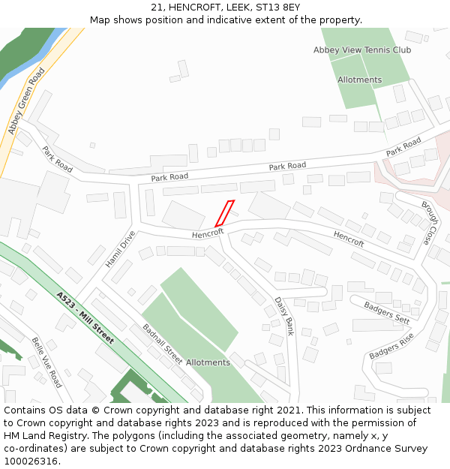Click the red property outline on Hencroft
(x=224, y=213)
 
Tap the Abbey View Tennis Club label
(x=362, y=50)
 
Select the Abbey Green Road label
(x=27, y=101)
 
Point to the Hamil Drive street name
(x=120, y=249)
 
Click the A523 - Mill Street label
(x=85, y=317)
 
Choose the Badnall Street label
(x=163, y=344)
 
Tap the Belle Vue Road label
(x=46, y=362)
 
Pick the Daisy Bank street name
(x=283, y=316)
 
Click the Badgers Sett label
(x=387, y=311)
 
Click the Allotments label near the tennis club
(x=359, y=80)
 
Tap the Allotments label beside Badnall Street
(x=208, y=362)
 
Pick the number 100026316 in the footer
(x=31, y=461)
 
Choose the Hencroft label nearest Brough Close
(x=349, y=239)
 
